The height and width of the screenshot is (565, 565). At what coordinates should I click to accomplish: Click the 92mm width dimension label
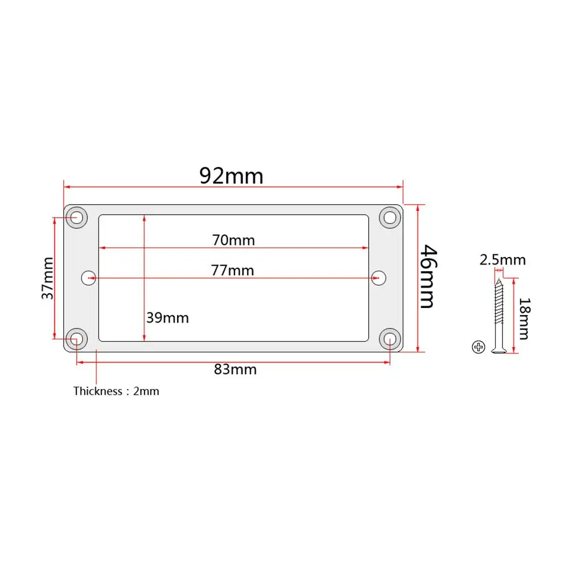tap(231, 176)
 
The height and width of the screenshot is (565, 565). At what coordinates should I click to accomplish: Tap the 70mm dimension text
tap(233, 240)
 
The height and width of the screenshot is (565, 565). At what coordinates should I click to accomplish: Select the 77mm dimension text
tap(232, 271)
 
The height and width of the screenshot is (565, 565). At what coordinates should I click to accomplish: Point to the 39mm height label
tap(167, 318)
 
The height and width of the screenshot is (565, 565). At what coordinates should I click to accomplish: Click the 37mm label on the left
tap(47, 278)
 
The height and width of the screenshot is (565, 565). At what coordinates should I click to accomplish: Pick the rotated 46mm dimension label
tap(429, 276)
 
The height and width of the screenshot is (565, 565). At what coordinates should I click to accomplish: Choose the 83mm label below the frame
tap(235, 369)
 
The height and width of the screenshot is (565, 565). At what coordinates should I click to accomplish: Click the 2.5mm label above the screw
tap(502, 260)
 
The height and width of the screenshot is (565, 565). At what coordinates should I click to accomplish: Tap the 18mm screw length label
tap(524, 319)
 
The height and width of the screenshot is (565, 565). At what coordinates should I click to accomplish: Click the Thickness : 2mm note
tap(116, 391)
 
